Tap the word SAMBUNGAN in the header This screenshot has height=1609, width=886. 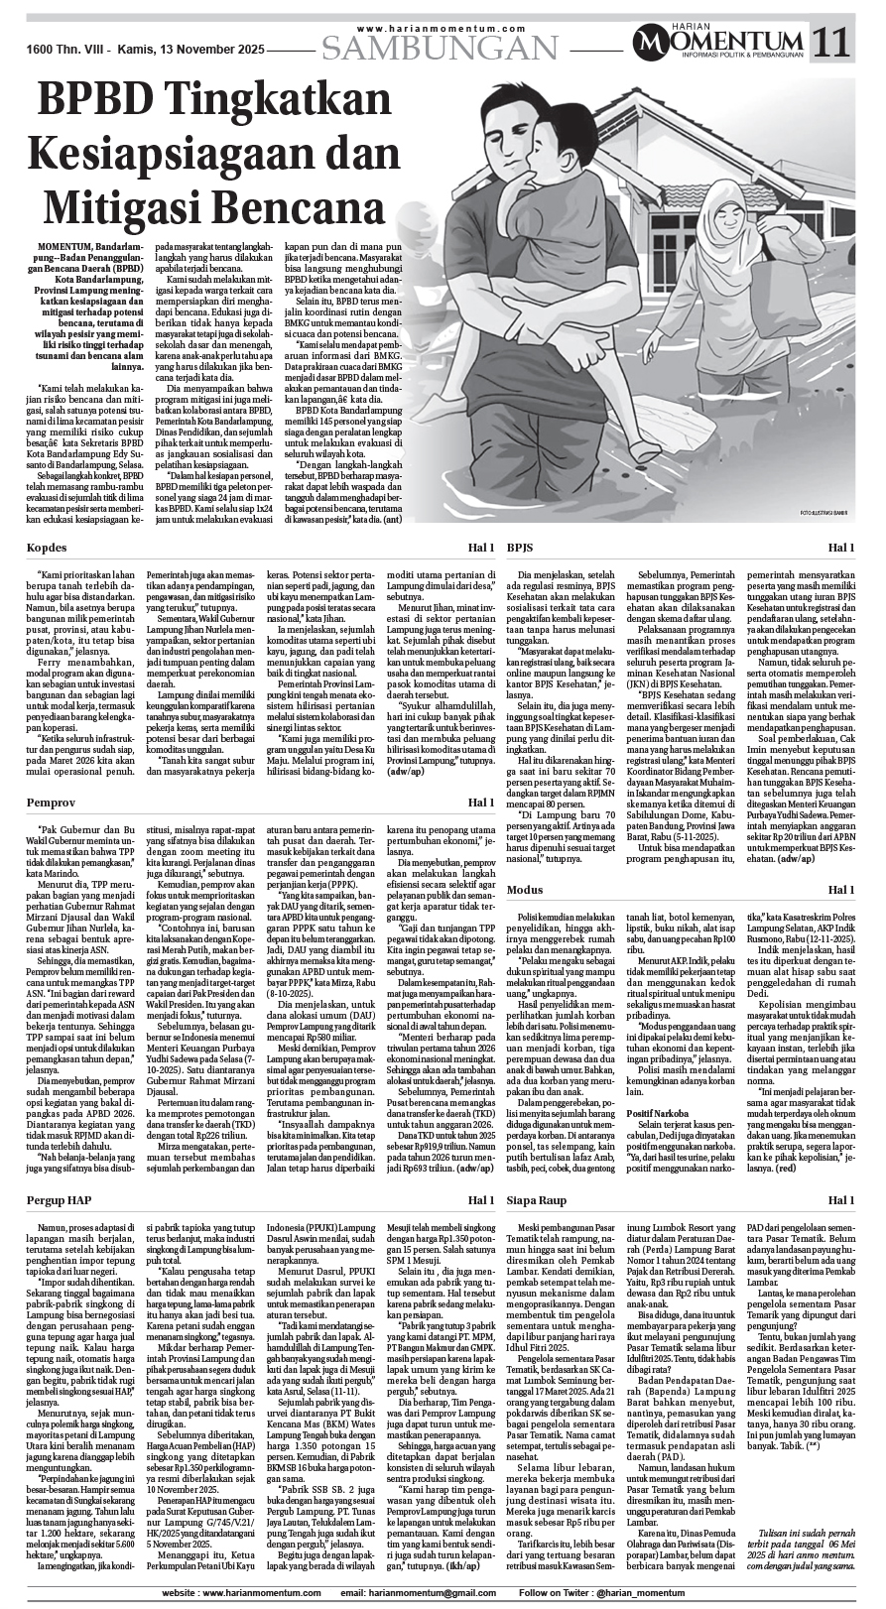(x=441, y=47)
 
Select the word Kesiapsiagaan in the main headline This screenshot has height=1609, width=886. (x=179, y=152)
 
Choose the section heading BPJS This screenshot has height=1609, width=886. (x=521, y=548)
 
